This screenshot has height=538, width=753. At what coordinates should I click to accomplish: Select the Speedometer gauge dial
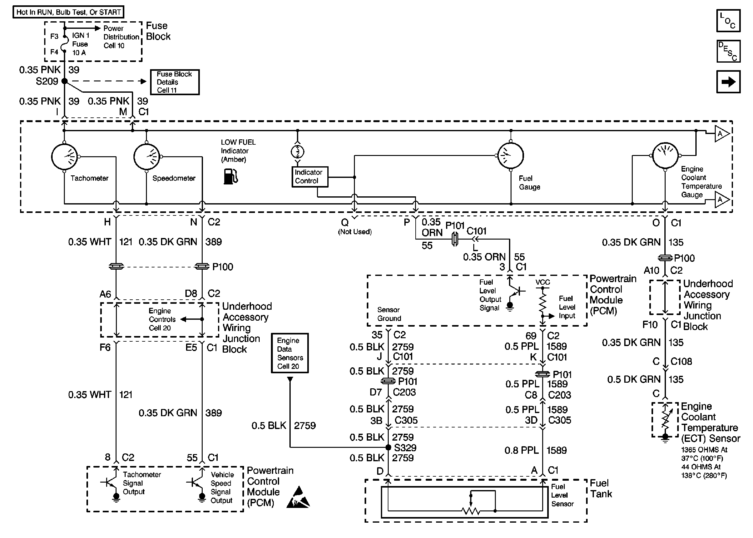147,157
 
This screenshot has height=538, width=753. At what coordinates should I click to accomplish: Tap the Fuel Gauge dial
511,156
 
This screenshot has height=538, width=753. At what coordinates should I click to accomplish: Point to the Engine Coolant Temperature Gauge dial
665,155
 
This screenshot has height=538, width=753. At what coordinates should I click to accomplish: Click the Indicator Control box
310,177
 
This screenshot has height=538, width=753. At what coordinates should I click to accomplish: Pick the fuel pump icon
231,176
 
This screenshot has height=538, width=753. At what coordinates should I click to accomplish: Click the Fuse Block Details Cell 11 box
174,82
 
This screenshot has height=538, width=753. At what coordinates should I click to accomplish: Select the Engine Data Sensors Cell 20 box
289,353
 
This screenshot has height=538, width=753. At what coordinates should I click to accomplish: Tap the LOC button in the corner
728,21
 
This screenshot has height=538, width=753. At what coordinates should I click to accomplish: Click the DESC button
728,51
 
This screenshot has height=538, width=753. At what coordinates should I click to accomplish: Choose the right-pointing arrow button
728,81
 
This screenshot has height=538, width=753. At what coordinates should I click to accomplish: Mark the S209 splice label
47,81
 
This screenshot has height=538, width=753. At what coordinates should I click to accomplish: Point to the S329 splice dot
389,447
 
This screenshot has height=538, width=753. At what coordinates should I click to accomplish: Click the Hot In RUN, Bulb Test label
68,12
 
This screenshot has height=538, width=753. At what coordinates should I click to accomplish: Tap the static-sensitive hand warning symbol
298,498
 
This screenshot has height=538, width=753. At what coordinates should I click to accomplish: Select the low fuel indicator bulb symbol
298,152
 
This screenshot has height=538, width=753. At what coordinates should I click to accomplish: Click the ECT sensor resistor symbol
665,420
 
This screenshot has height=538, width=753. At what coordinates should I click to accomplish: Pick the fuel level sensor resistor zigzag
471,511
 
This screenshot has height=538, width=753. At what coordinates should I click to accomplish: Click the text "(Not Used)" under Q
355,232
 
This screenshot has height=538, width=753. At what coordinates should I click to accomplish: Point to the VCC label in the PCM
543,282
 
